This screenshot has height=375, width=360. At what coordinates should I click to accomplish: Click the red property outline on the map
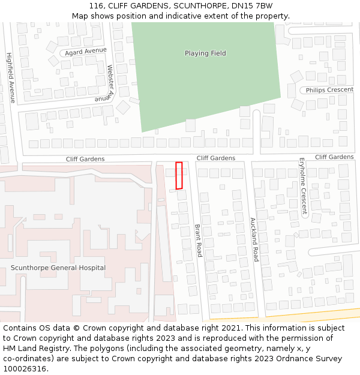(179, 175)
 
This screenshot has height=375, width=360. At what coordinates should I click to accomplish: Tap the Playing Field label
(205, 53)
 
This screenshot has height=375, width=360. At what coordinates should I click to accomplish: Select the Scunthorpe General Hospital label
(58, 268)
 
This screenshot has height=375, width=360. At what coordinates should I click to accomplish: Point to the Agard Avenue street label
(86, 51)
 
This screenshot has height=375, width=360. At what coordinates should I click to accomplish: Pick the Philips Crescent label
(329, 90)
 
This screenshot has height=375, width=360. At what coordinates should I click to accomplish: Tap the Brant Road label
(198, 241)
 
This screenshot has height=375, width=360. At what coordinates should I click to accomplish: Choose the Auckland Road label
(254, 239)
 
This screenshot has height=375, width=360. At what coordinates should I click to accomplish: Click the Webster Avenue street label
(109, 82)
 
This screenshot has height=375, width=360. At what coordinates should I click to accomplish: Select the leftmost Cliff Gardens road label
(85, 159)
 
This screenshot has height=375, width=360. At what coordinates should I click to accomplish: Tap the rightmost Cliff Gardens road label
(334, 157)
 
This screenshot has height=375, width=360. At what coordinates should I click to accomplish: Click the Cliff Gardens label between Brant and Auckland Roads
(216, 158)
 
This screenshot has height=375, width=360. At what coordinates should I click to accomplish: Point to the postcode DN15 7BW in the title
(254, 6)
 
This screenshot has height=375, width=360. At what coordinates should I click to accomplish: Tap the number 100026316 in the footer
(25, 369)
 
